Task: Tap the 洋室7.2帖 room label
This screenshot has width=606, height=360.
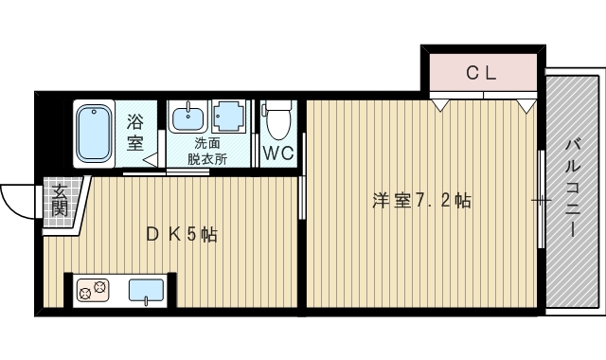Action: pos(421,201)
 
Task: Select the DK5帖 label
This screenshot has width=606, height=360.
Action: pos(181,234)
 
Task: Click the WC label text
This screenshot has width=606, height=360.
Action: pos(277,153)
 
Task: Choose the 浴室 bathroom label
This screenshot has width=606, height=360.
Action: pos(135,133)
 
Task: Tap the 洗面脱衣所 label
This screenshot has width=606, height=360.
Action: pos(207,151)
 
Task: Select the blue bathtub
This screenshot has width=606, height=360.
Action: pos(95,134)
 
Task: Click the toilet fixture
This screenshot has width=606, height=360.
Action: pos(277,121)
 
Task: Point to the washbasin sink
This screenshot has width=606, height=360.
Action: pos(186,118)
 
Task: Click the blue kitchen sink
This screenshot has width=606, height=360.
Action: pos(146,290)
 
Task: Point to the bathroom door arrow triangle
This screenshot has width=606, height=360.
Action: pos(150,160)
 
